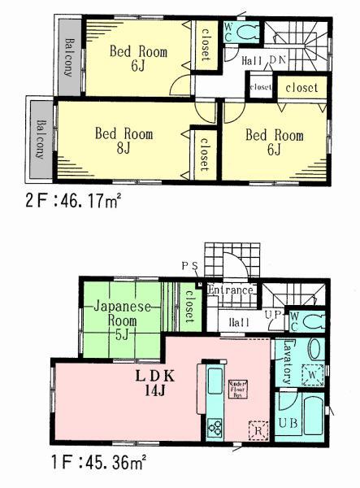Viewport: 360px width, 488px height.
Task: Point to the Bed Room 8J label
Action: tap(123, 140)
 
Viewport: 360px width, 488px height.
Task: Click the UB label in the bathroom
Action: tap(288, 422)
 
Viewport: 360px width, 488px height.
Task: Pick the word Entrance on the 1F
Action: tap(232, 290)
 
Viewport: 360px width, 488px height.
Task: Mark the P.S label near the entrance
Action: tap(189, 266)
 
